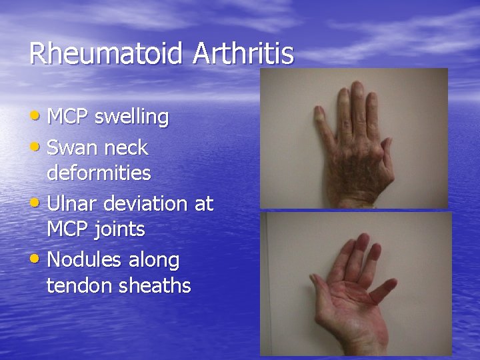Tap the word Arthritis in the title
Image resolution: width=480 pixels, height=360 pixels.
[x=243, y=54]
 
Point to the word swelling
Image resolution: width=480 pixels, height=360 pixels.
[x=132, y=118]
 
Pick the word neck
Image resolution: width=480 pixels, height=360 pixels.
[x=127, y=147]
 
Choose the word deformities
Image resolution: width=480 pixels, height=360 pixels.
[x=99, y=174]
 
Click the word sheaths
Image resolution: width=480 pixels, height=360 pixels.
[x=155, y=286]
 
